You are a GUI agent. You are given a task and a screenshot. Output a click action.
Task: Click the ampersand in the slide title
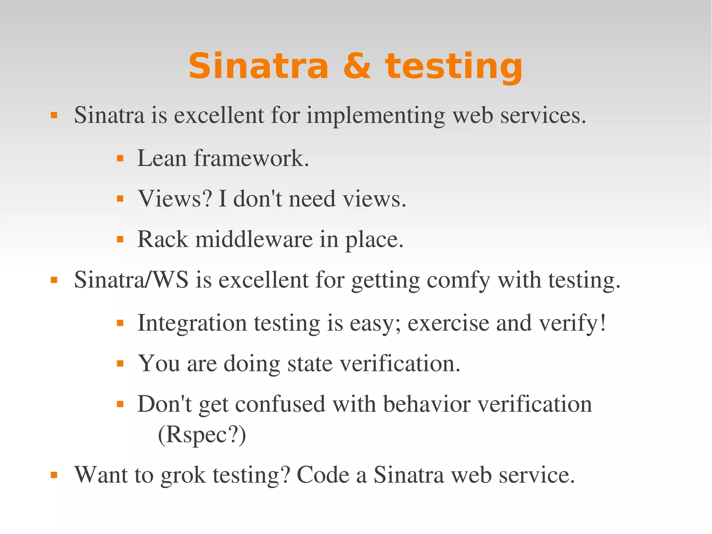click(357, 66)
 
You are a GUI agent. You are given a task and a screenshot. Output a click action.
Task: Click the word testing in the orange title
click(453, 67)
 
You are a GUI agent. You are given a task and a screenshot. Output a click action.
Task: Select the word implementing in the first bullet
click(375, 115)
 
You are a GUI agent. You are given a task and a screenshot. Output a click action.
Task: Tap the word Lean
click(162, 158)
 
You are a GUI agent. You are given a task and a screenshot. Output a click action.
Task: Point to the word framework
click(251, 158)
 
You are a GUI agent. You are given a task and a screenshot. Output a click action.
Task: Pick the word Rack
click(162, 239)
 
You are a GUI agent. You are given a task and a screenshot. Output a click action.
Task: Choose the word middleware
click(254, 239)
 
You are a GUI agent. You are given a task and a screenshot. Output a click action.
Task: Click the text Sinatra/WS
click(131, 280)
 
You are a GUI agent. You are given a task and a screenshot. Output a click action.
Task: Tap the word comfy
click(458, 280)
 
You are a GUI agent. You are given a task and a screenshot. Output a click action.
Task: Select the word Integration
click(192, 323)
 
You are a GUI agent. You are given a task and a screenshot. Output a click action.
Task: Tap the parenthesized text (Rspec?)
click(202, 435)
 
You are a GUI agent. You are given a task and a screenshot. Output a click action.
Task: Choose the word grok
click(183, 475)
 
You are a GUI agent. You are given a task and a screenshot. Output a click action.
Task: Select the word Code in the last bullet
click(323, 475)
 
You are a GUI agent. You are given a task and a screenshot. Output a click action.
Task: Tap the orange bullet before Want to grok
click(54, 475)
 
